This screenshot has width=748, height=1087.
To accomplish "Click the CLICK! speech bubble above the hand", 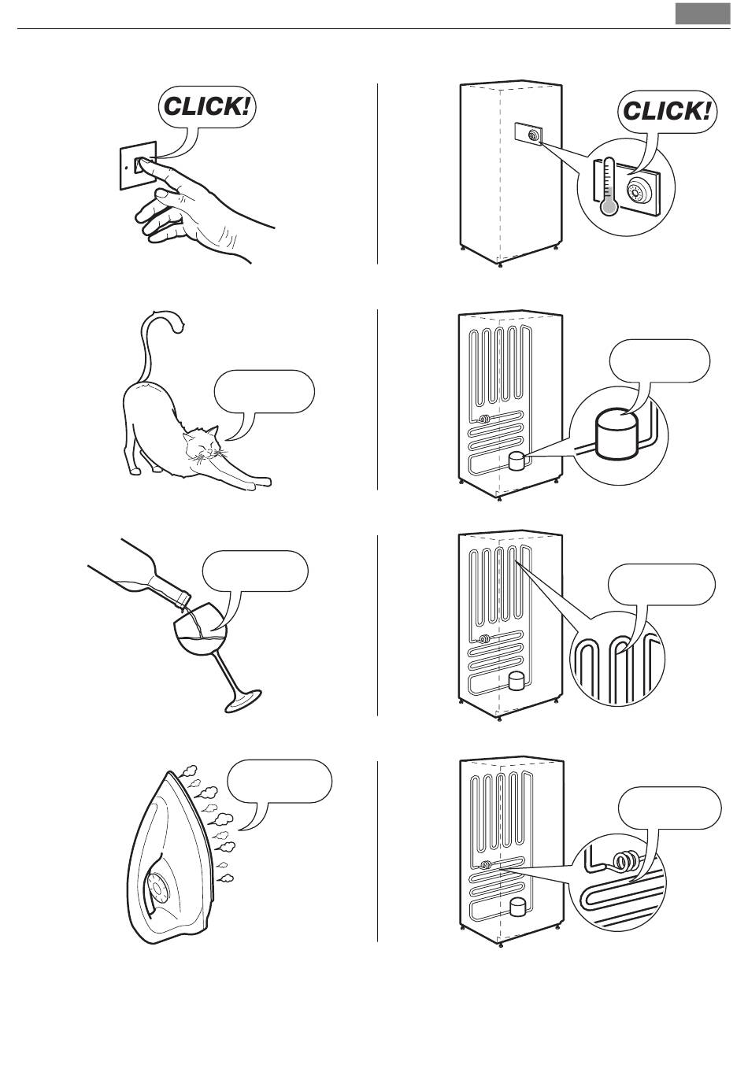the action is click(x=207, y=107).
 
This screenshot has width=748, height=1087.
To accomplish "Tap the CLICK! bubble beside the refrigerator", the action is click(x=668, y=112).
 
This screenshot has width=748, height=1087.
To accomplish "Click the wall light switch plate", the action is click(x=139, y=165).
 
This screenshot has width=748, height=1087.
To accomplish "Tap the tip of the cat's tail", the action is click(x=180, y=328).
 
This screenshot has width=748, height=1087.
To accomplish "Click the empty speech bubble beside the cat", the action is click(x=264, y=392).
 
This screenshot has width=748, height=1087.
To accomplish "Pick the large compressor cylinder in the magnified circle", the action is click(x=616, y=432).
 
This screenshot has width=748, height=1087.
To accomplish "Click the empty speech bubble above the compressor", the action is click(x=659, y=361).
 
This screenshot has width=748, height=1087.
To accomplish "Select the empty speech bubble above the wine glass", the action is click(x=255, y=571).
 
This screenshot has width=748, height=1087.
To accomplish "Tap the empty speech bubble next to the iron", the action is click(x=280, y=782).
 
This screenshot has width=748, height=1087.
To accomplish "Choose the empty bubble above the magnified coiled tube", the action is click(x=669, y=808).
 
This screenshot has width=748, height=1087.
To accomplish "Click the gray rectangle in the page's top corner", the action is click(x=702, y=13).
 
